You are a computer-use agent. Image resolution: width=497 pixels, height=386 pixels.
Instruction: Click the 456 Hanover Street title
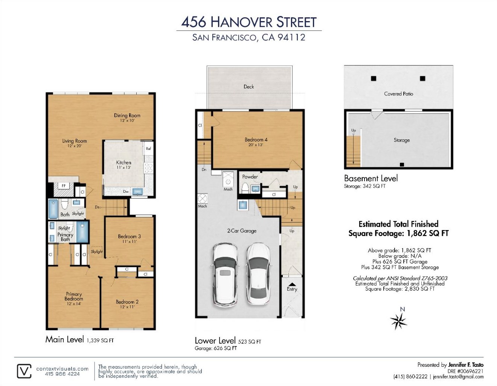249,22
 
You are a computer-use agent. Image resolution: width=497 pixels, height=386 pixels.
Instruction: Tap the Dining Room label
127,116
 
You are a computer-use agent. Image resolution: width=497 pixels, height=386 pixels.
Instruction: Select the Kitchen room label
123,163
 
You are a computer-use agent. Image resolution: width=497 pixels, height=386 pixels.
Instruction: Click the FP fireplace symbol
64,186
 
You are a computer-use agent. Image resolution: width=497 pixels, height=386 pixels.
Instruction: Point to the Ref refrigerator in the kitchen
148,148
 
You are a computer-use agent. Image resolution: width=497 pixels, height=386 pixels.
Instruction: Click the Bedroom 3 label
129,236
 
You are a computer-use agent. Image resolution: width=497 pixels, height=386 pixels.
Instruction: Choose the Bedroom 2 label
127,302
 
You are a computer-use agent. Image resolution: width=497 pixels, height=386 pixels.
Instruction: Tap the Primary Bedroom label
74,296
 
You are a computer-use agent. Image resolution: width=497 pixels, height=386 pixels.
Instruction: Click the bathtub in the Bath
53,209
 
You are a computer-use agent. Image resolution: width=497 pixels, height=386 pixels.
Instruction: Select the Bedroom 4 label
256,140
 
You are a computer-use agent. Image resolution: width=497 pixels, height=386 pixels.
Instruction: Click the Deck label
248,87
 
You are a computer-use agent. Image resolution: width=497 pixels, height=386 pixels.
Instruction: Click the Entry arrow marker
292,284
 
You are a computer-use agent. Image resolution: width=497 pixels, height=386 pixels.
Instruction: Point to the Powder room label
250,177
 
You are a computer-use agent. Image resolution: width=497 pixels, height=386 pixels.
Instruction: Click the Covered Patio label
398,94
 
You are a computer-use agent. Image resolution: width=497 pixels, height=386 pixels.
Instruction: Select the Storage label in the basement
401,140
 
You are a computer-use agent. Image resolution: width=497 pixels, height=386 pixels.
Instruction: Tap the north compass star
398,321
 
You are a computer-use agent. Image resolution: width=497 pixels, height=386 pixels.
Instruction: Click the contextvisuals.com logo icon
24,371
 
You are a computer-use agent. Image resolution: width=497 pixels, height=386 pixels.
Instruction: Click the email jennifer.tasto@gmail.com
458,377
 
